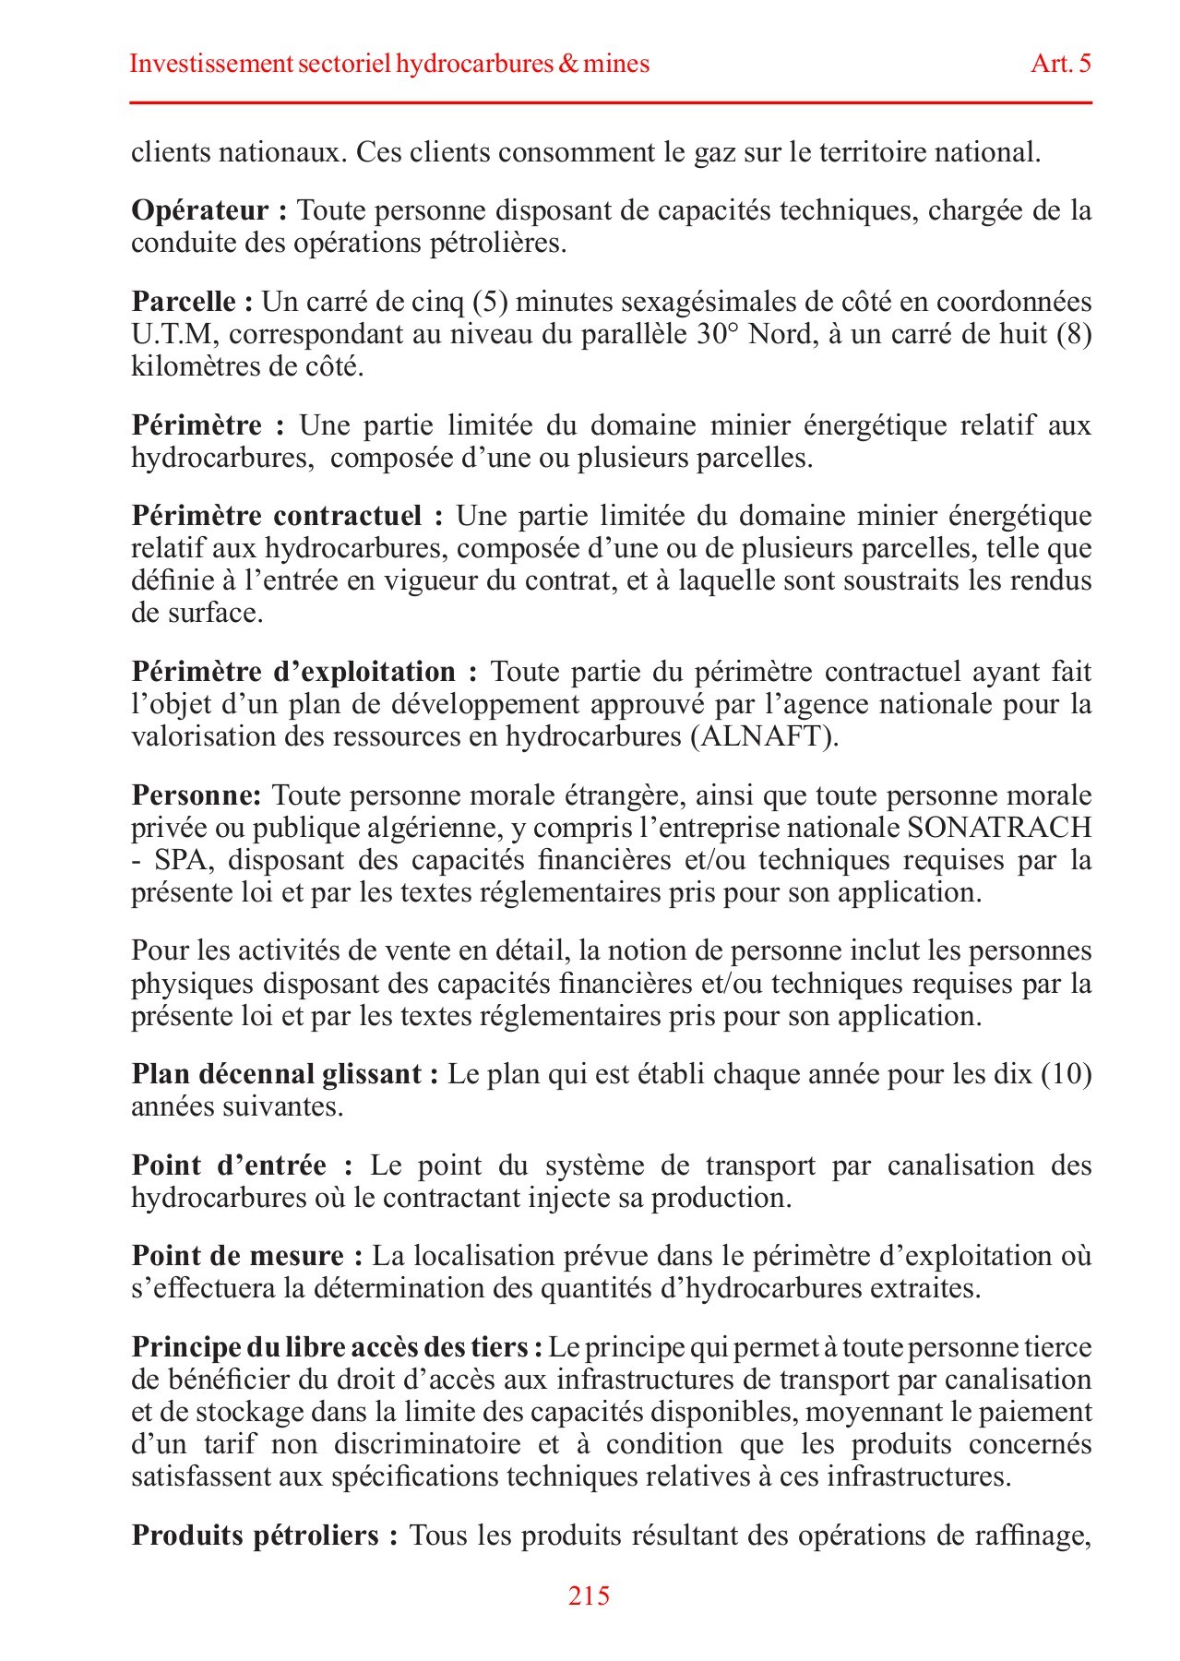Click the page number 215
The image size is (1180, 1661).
pyautogui.click(x=590, y=1595)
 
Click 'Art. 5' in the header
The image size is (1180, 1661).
pyautogui.click(x=1061, y=64)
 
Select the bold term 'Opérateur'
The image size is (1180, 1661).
pyautogui.click(x=200, y=211)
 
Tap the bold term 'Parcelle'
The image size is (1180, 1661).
pyautogui.click(x=185, y=302)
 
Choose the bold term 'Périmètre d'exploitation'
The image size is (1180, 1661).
pyautogui.click(x=293, y=672)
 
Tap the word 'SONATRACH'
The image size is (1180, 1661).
pyautogui.click(x=999, y=828)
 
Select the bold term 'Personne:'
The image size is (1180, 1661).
pyautogui.click(x=197, y=795)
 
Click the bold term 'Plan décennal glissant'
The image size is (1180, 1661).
pyautogui.click(x=277, y=1075)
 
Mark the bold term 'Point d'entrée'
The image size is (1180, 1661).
pyautogui.click(x=229, y=1165)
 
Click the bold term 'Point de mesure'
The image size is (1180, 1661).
pyautogui.click(x=238, y=1256)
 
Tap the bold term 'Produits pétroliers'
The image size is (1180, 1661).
pyautogui.click(x=256, y=1536)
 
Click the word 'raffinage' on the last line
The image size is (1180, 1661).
pyautogui.click(x=1031, y=1536)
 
